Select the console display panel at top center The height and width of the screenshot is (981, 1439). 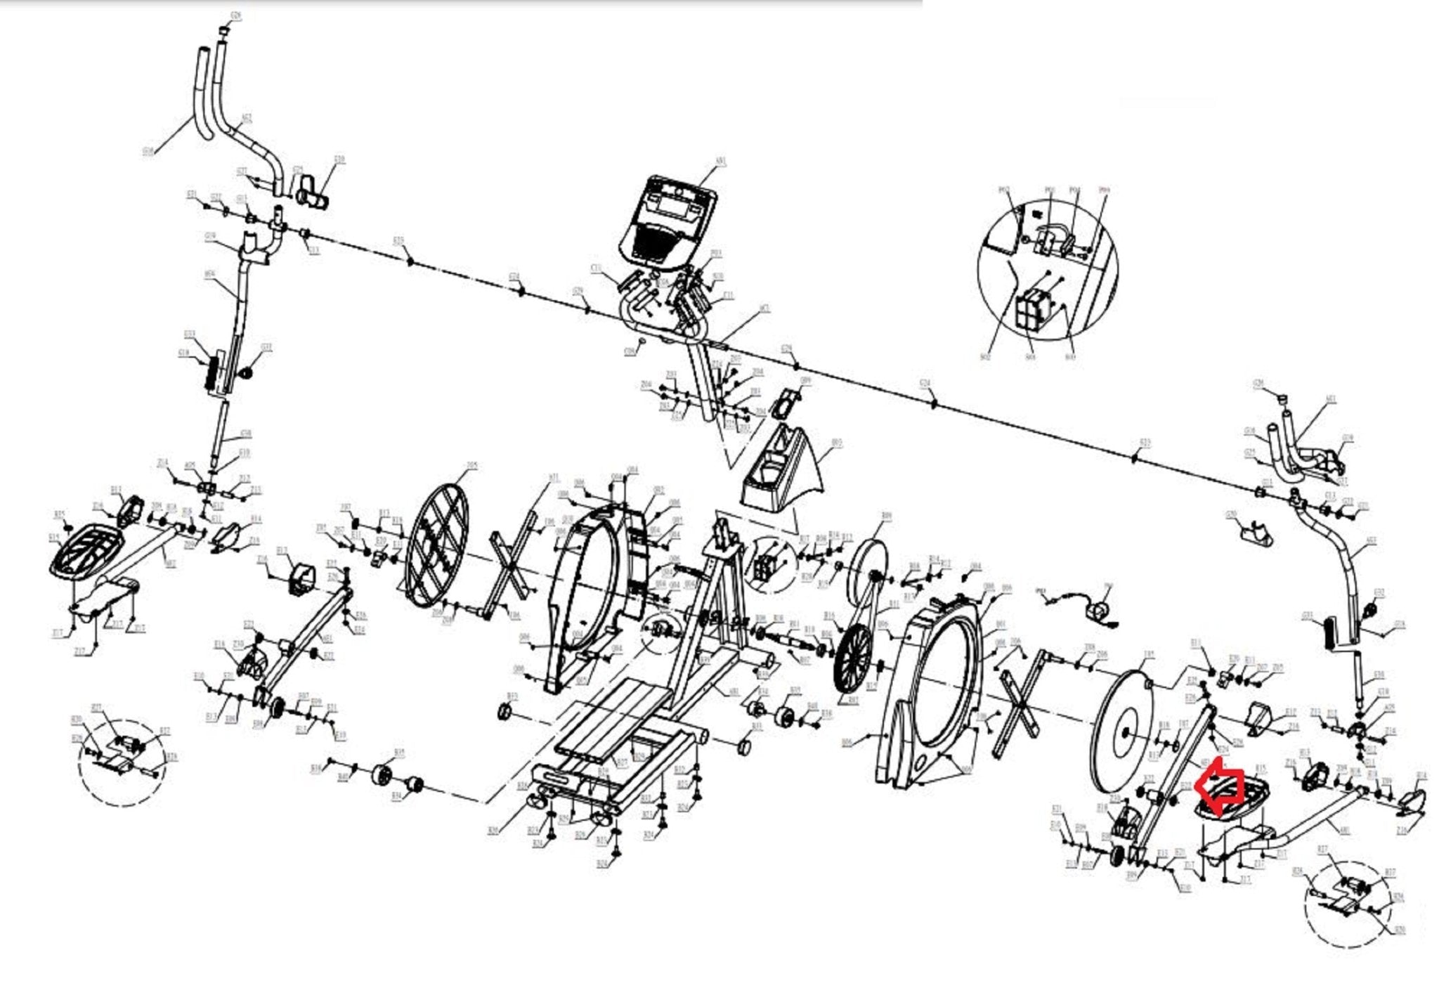coord(668,221)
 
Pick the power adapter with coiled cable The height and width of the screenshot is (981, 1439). coord(1097,611)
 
